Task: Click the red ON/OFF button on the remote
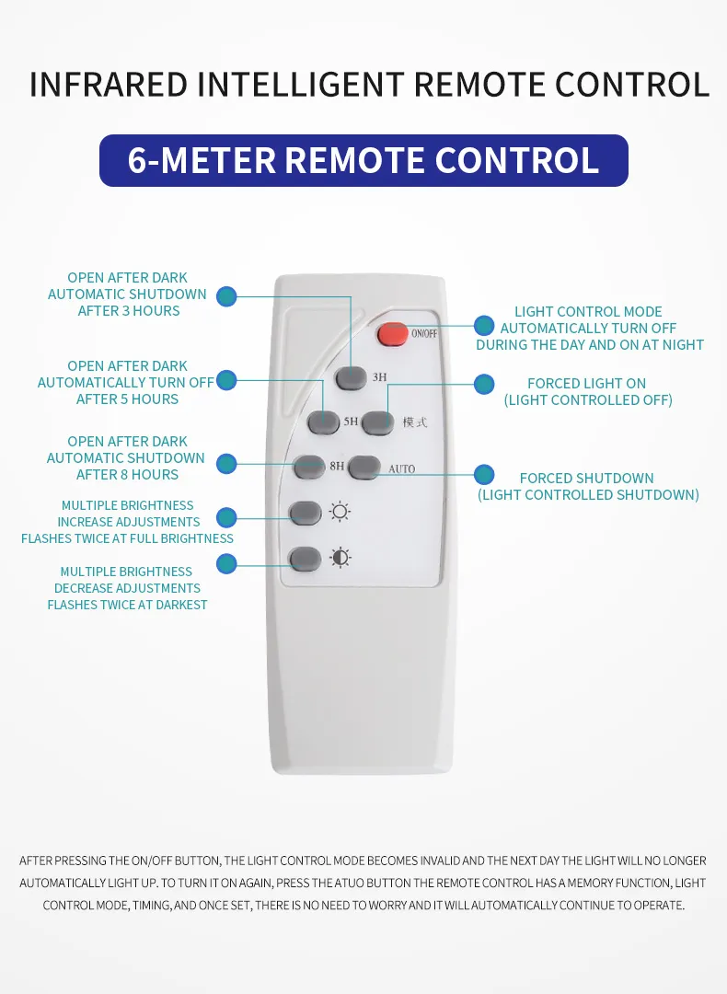coord(392,334)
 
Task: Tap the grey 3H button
coord(352,378)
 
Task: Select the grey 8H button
coord(309,468)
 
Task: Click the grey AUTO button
coord(364,468)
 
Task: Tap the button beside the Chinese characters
coord(377,422)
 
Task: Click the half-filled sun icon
coord(340,558)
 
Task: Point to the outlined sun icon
coord(340,512)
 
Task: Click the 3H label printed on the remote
coord(379,377)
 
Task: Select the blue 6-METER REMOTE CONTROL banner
coord(363,160)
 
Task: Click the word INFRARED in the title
coord(109,85)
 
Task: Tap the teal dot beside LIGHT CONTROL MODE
coord(484,326)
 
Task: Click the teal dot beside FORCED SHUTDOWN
coord(484,474)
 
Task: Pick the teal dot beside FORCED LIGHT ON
coord(484,384)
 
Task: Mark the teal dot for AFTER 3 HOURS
coord(226,296)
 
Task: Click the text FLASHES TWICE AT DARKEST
coord(127,605)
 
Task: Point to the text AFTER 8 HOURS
coord(127,474)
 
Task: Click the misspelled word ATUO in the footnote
coord(350,883)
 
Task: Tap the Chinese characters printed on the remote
coord(415,422)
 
